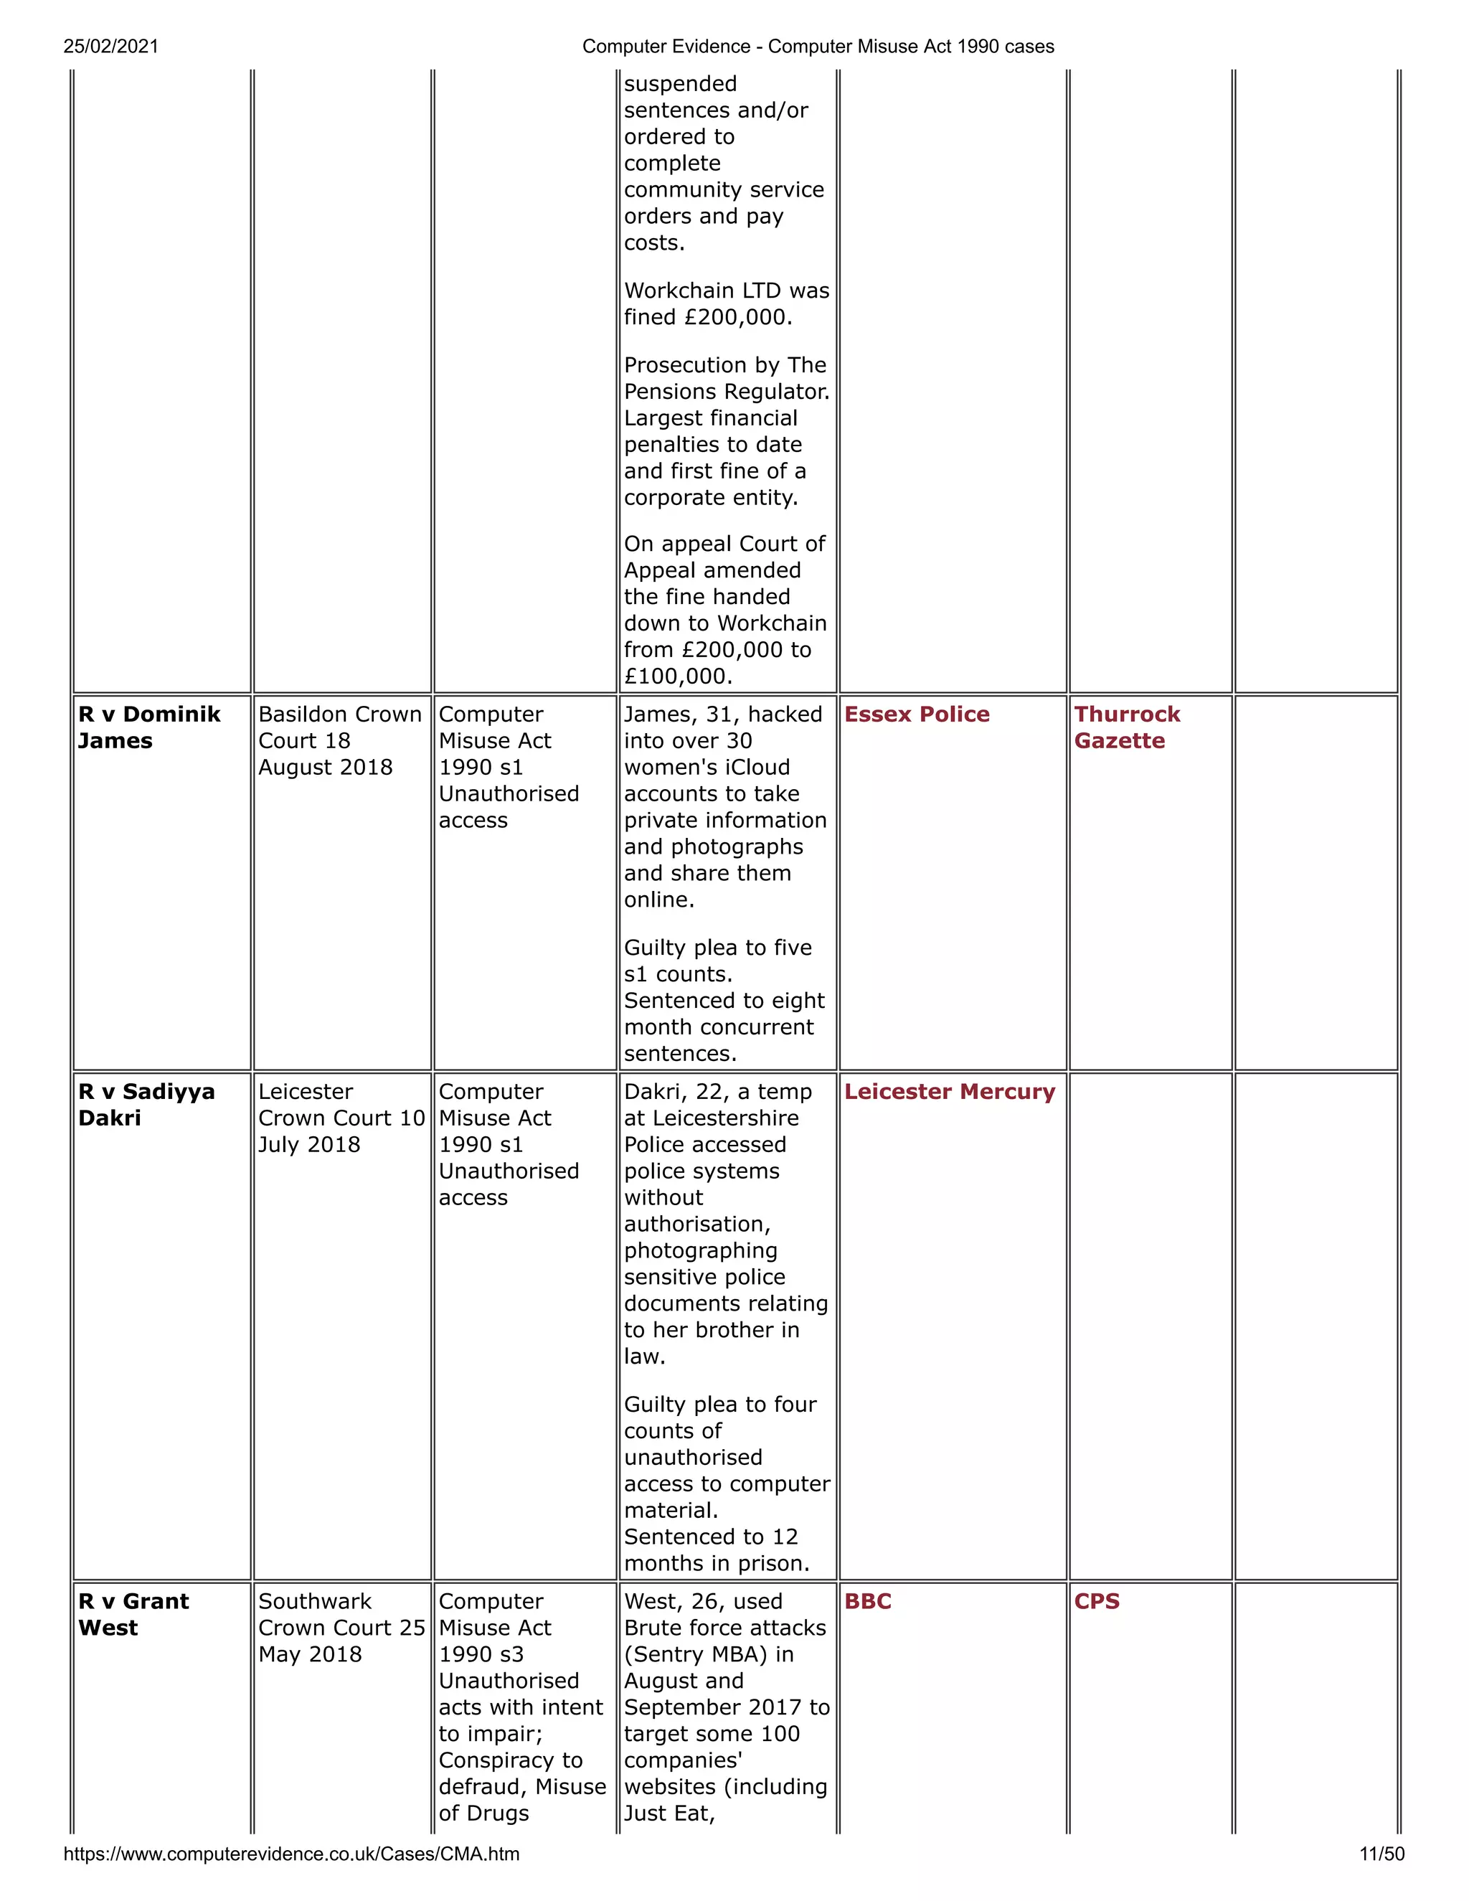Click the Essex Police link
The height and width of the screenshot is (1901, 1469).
click(x=917, y=714)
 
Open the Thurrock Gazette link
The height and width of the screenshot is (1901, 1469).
click(x=1126, y=727)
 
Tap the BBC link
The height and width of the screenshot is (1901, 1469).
click(x=868, y=1602)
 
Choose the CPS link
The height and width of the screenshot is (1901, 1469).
click(x=1097, y=1602)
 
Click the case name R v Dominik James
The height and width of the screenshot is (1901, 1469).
click(x=148, y=727)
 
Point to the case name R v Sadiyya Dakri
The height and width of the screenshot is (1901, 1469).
click(x=146, y=1105)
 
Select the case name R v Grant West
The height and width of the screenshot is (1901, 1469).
click(x=133, y=1615)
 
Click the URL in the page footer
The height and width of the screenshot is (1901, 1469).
click(x=291, y=1854)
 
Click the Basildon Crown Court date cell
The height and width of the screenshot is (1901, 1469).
click(x=339, y=741)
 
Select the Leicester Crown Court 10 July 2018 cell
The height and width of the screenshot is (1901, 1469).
click(x=341, y=1118)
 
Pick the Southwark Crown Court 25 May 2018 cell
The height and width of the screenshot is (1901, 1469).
click(x=341, y=1628)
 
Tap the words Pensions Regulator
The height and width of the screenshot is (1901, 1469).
click(x=726, y=392)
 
